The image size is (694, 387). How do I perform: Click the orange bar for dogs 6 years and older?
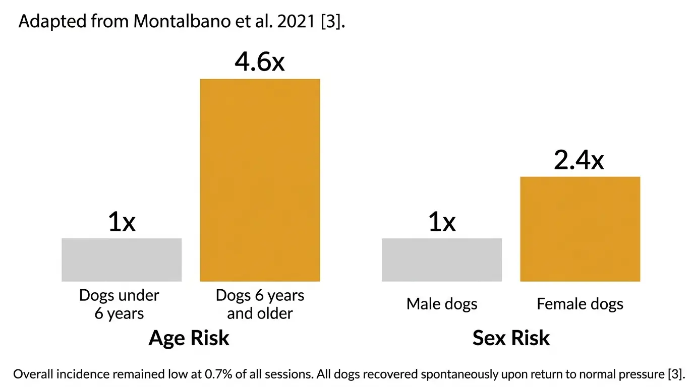[x=260, y=180]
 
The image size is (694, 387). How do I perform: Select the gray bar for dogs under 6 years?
[x=122, y=260]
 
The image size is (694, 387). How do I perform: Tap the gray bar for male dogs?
[x=441, y=260]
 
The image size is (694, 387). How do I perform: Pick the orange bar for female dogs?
[x=580, y=229]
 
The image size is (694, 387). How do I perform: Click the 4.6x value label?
[x=260, y=62]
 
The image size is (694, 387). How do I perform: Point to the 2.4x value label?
[x=579, y=160]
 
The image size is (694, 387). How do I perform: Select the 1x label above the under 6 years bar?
[x=122, y=222]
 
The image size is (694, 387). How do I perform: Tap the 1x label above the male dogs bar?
[x=441, y=222]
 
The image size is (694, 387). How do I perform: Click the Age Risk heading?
[x=189, y=338]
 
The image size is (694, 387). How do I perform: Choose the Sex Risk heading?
[x=511, y=338]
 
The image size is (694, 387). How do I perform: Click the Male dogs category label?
[x=442, y=304]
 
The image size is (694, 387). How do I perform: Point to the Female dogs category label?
[x=580, y=304]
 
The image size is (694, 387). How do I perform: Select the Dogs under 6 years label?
[x=119, y=304]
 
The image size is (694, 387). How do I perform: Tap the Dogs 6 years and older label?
[x=260, y=304]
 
